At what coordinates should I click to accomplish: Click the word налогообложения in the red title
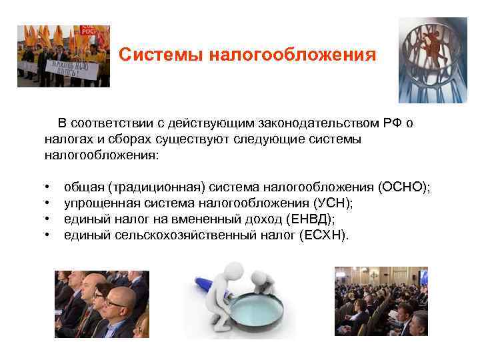click(293, 54)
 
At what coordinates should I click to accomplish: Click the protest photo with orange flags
click(63, 56)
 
